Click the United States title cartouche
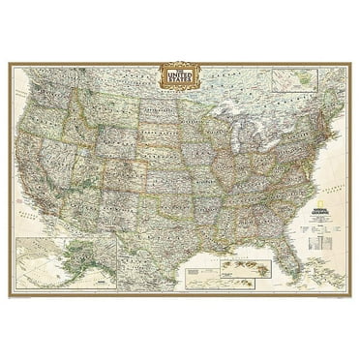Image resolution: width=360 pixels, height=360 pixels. [180, 76]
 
